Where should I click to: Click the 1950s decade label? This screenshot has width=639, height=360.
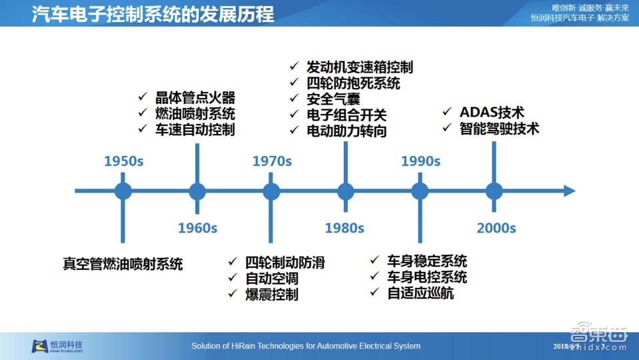[x=123, y=161]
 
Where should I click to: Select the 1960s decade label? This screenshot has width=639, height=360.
[x=197, y=228]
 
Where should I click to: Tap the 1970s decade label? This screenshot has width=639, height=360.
[x=272, y=161]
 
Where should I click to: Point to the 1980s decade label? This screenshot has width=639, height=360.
[x=344, y=228]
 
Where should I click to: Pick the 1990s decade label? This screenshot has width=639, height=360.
[x=420, y=161]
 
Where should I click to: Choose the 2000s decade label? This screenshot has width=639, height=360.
[x=496, y=228]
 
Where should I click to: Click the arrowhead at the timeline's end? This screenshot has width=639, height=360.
[x=569, y=191]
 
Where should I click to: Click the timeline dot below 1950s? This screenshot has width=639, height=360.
[x=123, y=191]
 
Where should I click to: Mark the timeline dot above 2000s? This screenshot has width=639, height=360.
[x=494, y=191]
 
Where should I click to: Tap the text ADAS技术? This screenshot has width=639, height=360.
[x=492, y=112]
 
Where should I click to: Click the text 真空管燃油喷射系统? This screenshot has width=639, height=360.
[x=123, y=264]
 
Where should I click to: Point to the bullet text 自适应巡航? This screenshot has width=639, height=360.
[x=420, y=293]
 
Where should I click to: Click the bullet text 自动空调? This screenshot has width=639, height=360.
[x=271, y=279]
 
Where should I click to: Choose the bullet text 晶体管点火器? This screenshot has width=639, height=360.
[x=195, y=97]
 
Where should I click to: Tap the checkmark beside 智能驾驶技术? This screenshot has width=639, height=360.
[x=447, y=128]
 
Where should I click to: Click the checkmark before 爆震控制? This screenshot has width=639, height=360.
[x=233, y=294]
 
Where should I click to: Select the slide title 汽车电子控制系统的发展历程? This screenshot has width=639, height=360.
[x=153, y=14]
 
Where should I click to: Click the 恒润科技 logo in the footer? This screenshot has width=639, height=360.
[x=57, y=346]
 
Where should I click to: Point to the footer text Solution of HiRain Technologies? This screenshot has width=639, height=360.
[x=306, y=346]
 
